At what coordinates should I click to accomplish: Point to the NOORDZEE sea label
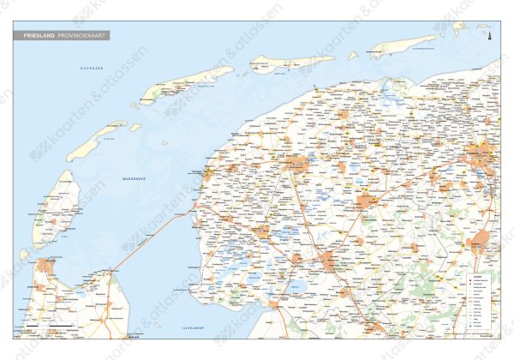pyautogui.click(x=91, y=67)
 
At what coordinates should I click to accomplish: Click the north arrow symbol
pyautogui.click(x=488, y=37)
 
